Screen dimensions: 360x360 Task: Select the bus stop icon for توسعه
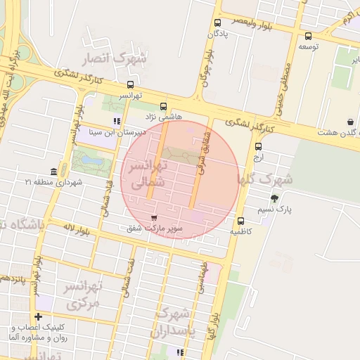click(308, 36)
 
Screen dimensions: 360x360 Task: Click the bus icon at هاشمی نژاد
click(164, 105)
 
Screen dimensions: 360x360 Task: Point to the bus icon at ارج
click(259, 147)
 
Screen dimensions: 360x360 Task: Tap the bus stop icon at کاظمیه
click(241, 221)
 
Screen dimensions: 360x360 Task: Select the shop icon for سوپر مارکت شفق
click(155, 217)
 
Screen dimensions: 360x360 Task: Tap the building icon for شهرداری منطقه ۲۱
click(54, 172)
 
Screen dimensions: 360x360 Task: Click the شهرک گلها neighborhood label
click(266, 180)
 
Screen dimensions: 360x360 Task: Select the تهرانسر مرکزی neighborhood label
click(83, 295)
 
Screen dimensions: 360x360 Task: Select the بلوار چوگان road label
click(207, 65)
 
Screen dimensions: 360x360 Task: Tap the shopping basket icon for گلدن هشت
click(351, 122)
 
